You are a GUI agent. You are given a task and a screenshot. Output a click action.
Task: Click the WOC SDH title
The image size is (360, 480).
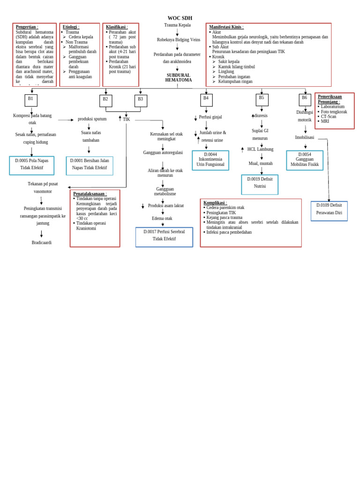(180, 18)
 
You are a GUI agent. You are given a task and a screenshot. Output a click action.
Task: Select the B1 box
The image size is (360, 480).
(31, 100)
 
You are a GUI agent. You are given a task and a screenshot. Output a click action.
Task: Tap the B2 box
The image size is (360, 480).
(105, 100)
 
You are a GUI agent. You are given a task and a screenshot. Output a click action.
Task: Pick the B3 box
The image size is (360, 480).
(141, 100)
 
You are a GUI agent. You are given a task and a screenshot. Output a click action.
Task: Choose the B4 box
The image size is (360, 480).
(206, 99)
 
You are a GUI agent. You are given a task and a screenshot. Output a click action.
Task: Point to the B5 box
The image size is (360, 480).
(262, 99)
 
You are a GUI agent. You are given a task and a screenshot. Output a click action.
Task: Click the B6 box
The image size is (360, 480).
(305, 99)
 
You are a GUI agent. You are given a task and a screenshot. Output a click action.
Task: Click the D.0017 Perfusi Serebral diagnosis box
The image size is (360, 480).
(164, 236)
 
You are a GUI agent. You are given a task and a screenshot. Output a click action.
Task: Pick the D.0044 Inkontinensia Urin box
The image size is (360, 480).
(210, 160)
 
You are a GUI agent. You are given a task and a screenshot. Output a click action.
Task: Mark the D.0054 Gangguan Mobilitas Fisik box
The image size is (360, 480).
(305, 160)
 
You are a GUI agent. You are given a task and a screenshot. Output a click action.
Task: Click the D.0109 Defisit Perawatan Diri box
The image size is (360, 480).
(329, 210)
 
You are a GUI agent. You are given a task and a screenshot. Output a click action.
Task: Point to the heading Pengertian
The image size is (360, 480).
(27, 27)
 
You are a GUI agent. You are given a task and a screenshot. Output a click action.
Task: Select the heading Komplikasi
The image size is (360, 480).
(215, 202)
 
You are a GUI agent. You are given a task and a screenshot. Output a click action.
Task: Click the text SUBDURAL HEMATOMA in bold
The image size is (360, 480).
(178, 78)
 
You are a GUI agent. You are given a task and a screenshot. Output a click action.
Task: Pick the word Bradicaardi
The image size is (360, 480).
(42, 243)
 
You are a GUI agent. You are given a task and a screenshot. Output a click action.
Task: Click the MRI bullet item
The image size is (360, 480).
(325, 121)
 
